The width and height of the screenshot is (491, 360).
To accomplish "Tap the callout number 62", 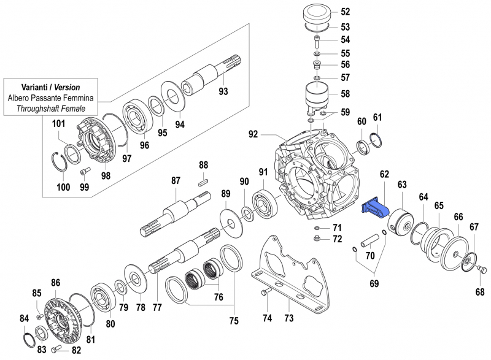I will click(x=385, y=175).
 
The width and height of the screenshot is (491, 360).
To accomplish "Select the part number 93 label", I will click(x=223, y=92).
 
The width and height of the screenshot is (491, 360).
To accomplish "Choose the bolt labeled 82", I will click(x=58, y=348).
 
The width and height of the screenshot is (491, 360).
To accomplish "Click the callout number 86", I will click(x=56, y=283).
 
